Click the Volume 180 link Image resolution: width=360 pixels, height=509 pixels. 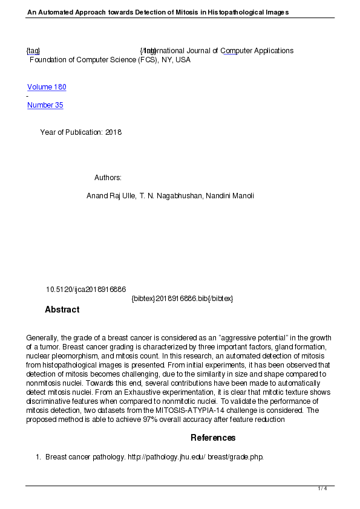coord(47,87)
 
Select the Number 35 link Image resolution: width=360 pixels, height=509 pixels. coord(45,105)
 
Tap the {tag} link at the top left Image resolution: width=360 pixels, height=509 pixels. coord(33,51)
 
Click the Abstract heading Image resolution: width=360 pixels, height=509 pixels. coord(62,310)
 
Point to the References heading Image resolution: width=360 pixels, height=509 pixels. coord(213,438)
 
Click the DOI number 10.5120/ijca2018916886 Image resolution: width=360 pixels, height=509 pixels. coord(86,290)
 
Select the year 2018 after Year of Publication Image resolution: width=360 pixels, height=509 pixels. coord(113,132)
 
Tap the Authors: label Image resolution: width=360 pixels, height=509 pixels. coord(108,178)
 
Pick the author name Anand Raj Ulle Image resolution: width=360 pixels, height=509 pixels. coord(111,196)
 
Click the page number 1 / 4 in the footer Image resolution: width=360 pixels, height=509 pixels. coord(322,488)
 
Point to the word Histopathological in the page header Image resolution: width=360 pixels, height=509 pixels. coord(233,12)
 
